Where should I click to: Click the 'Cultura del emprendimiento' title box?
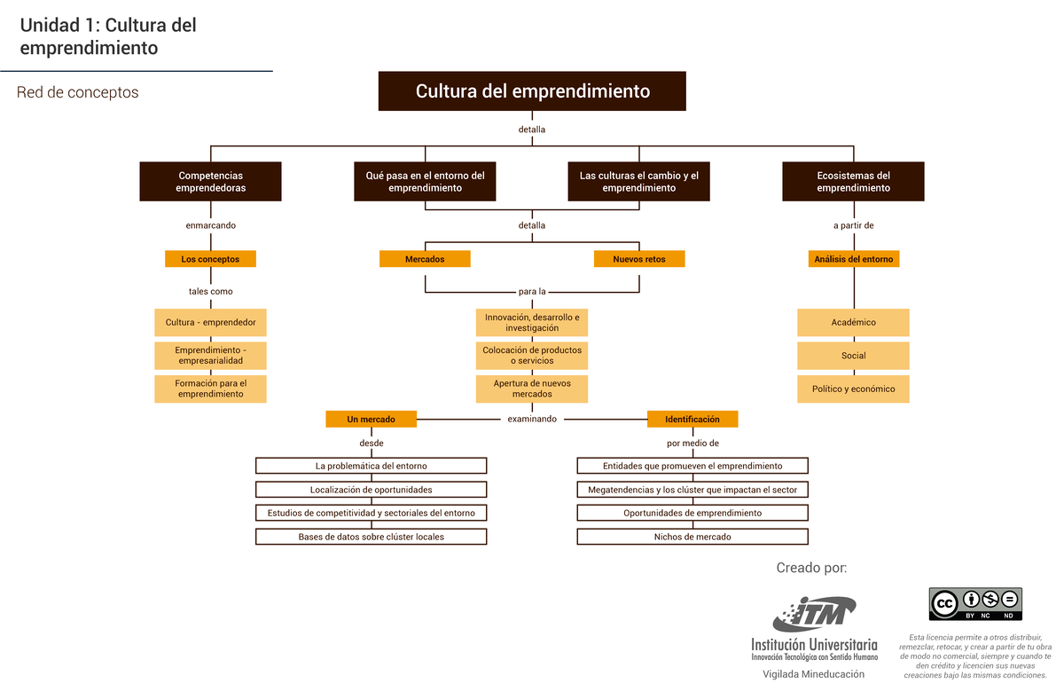pyautogui.click(x=532, y=91)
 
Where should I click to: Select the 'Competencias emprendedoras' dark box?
pyautogui.click(x=210, y=182)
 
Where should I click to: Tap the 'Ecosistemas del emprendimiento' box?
pyautogui.click(x=853, y=182)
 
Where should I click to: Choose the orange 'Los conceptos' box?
pyautogui.click(x=210, y=259)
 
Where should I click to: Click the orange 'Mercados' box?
pyautogui.click(x=425, y=259)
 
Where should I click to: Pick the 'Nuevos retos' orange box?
pyautogui.click(x=639, y=259)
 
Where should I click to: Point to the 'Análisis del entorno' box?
pyautogui.click(x=854, y=259)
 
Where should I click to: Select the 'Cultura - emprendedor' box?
pyautogui.click(x=210, y=322)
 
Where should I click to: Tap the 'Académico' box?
pyautogui.click(x=853, y=322)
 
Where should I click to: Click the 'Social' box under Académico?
pyautogui.click(x=853, y=356)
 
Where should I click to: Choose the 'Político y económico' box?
pyautogui.click(x=853, y=389)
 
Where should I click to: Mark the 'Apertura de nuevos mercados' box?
pyautogui.click(x=532, y=389)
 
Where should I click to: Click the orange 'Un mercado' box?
pyautogui.click(x=371, y=419)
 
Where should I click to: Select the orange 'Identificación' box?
pyautogui.click(x=692, y=419)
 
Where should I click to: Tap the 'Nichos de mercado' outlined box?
pyautogui.click(x=692, y=537)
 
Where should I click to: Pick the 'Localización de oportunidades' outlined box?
pyautogui.click(x=371, y=490)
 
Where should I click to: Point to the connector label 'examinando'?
pyautogui.click(x=532, y=419)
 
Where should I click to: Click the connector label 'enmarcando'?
pyautogui.click(x=210, y=225)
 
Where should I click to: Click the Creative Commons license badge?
pyautogui.click(x=975, y=604)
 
